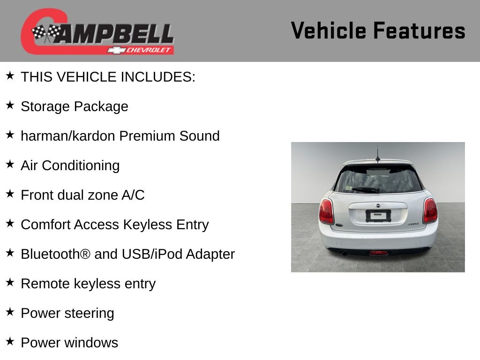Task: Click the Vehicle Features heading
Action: point(378,30)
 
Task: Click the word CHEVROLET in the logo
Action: point(148,50)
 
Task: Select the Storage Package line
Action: point(75,106)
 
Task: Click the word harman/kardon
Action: point(68,135)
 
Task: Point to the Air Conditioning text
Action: point(70,165)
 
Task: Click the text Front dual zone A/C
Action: point(82,195)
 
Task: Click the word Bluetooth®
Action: point(56,254)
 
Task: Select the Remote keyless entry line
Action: point(88,284)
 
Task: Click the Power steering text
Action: point(67,313)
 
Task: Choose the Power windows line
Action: point(69,343)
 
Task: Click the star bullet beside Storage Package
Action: point(10,105)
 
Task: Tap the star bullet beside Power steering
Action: point(10,312)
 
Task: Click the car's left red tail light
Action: point(326,211)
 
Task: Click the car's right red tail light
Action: point(430,210)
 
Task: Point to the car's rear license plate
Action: point(378,216)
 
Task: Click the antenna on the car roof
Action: point(378,153)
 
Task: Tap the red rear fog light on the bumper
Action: point(378,253)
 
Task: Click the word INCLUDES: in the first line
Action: point(158,77)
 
